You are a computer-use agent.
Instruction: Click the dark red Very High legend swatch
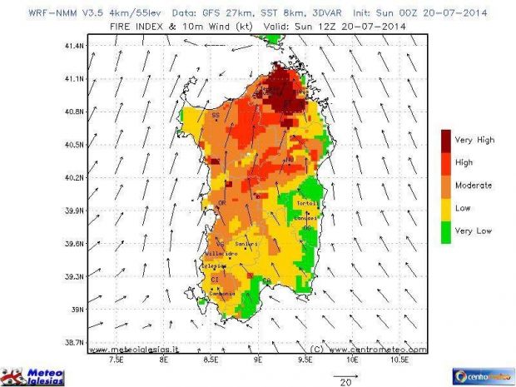[445, 139]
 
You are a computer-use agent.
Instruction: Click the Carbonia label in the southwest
[222, 293]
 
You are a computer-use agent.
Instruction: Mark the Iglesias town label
[216, 265]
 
